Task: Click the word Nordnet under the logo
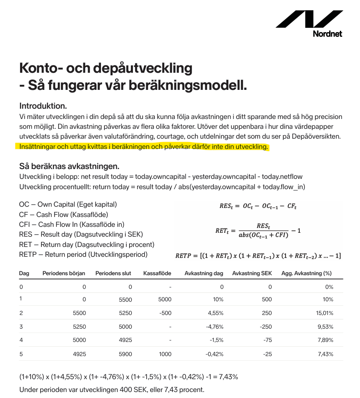pos(327,33)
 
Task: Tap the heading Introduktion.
pos(43,106)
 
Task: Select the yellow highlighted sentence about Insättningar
pos(144,147)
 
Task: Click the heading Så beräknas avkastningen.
pos(69,166)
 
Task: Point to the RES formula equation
pos(258,206)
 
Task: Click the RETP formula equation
pos(258,256)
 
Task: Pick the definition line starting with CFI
pos(72,224)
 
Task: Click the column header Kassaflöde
pos(157,273)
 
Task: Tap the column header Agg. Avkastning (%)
pos(307,273)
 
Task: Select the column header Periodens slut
pos(113,273)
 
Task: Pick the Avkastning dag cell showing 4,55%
pos(215,313)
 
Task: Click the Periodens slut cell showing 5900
pos(125,354)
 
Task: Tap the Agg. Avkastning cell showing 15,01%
pos(325,313)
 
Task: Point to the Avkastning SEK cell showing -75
pos(267,340)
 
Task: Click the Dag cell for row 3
pos(21,327)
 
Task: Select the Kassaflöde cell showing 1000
pos(165,354)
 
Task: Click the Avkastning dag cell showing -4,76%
pos(214,327)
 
